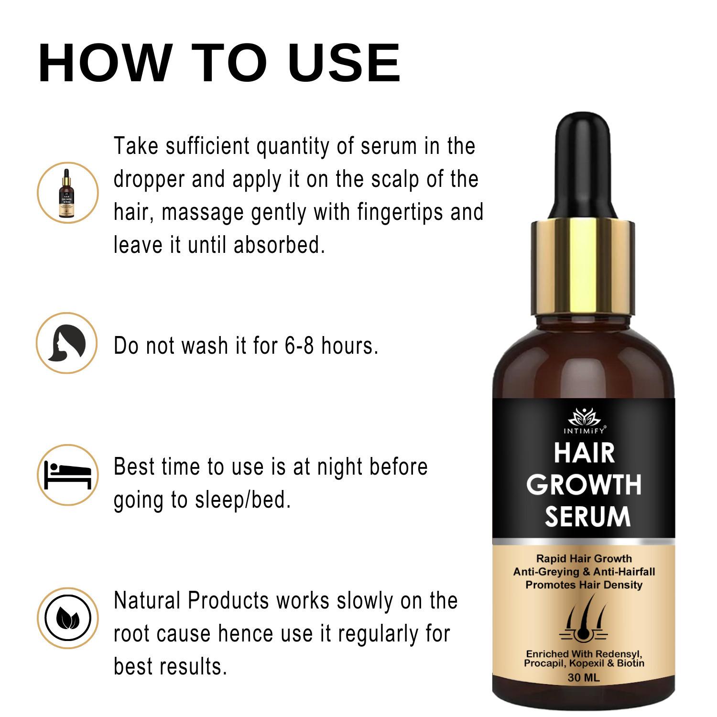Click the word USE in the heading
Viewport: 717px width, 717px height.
(x=344, y=64)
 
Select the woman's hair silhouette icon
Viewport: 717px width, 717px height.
(x=67, y=343)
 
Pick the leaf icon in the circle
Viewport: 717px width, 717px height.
(x=67, y=618)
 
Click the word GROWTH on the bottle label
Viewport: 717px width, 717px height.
(x=585, y=485)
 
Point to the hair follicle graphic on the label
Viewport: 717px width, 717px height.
(x=585, y=619)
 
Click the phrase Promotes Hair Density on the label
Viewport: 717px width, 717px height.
(x=584, y=585)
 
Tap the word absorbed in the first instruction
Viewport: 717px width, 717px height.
(x=279, y=245)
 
